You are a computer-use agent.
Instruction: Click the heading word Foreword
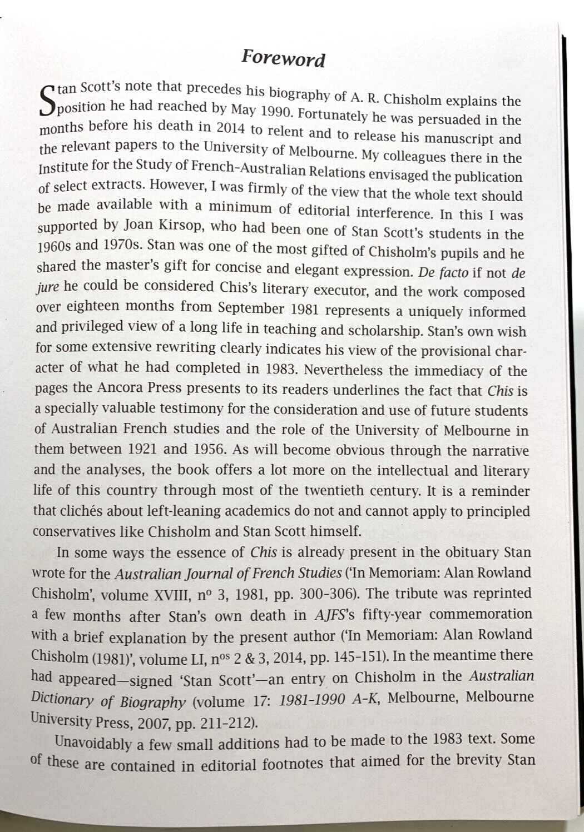point(283,58)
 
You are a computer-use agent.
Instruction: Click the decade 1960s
point(53,246)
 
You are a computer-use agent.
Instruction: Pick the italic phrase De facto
point(441,273)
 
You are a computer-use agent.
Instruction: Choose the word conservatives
point(72,531)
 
